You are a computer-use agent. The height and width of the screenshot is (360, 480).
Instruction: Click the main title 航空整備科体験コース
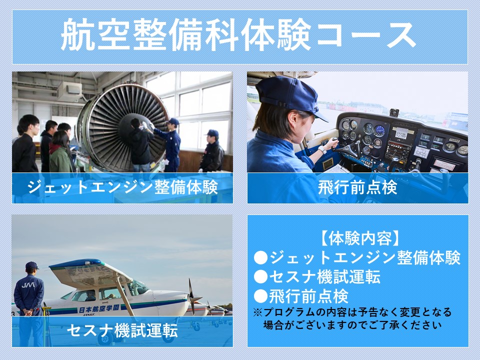(238, 34)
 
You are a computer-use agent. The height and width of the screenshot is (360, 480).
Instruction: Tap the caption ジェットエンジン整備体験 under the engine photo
(122, 187)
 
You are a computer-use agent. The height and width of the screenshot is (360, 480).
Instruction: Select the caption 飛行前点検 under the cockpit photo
(357, 187)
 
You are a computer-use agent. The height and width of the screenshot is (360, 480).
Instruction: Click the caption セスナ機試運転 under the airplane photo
(122, 330)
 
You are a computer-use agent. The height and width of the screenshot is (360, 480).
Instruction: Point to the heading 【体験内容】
(357, 238)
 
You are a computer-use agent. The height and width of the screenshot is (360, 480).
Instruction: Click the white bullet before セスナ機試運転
(261, 276)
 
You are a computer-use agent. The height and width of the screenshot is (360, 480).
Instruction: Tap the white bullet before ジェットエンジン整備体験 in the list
(261, 258)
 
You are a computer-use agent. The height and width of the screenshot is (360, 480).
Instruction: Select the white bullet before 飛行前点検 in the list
(261, 296)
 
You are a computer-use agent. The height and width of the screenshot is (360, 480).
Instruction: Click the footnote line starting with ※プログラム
(352, 312)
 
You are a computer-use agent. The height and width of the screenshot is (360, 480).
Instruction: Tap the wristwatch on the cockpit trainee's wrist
(322, 149)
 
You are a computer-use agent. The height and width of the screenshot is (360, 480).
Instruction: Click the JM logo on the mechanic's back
(28, 285)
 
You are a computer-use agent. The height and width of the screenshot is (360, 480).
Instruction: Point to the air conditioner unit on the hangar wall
(70, 90)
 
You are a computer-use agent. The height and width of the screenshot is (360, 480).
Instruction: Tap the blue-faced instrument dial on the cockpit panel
(380, 130)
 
